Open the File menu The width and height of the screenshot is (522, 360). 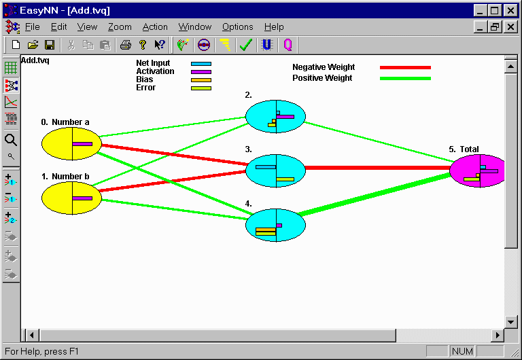click(32, 27)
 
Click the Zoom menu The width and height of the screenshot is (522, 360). click(120, 27)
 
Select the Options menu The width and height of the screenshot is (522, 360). click(237, 27)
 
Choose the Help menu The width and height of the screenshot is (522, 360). click(274, 27)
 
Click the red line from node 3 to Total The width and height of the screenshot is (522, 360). click(374, 168)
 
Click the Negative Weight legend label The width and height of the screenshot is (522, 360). click(324, 67)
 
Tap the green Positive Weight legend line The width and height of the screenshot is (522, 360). click(405, 78)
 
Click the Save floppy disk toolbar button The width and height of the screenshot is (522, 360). click(50, 45)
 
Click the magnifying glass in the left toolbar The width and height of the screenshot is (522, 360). click(11, 140)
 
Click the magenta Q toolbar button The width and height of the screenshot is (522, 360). click(288, 45)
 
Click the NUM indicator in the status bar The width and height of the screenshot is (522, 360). click(462, 351)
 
